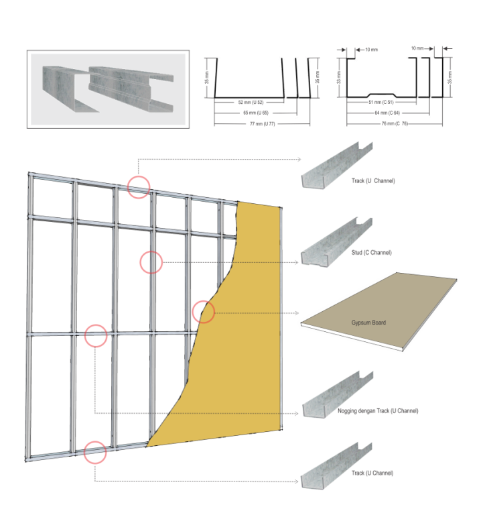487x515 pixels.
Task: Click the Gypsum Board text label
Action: [368, 323]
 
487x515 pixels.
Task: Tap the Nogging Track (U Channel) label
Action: [378, 410]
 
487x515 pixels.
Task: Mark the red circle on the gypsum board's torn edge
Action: [203, 312]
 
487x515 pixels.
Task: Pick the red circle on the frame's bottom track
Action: [95, 453]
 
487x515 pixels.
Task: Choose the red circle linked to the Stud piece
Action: [151, 262]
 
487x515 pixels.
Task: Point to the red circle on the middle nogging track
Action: [96, 335]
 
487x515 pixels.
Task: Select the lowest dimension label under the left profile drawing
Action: [255, 124]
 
